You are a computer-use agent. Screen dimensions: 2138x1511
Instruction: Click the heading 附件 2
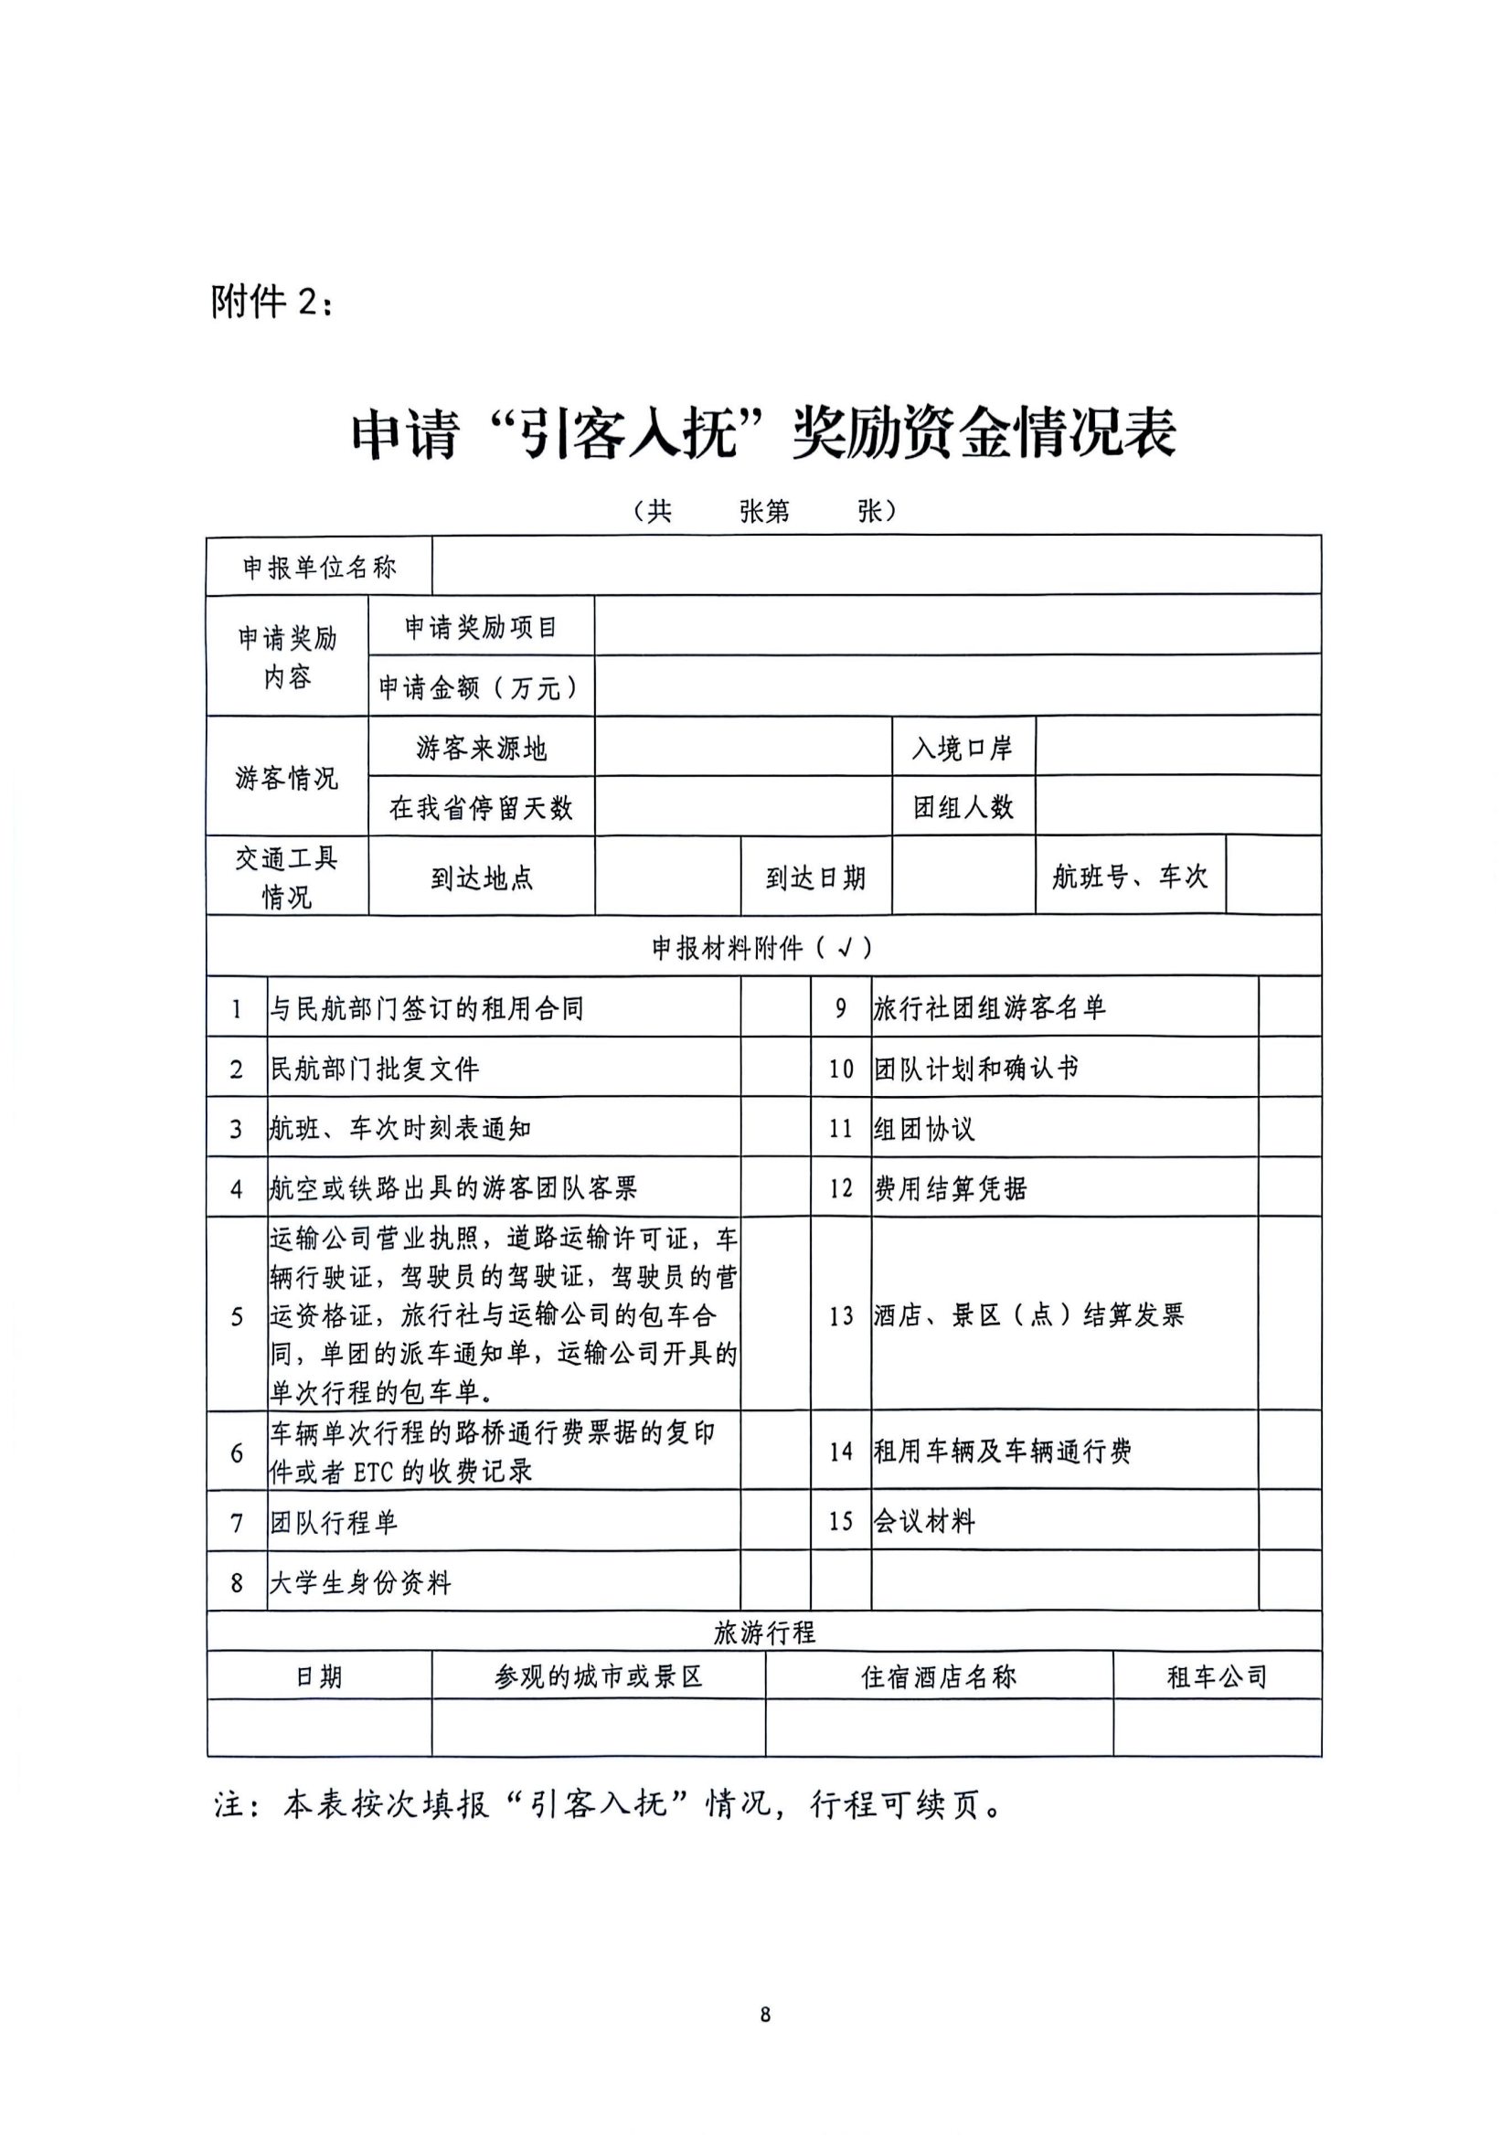[x=271, y=303]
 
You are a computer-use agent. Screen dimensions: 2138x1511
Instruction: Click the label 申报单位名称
[x=319, y=567]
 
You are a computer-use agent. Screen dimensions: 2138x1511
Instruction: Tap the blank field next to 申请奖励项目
[x=957, y=626]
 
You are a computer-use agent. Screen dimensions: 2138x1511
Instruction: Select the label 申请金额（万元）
[x=481, y=687]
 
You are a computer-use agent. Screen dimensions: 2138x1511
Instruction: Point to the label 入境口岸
[x=963, y=748]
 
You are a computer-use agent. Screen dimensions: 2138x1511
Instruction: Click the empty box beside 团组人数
[x=1177, y=806]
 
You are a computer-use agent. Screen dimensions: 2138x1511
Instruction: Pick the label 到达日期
[x=815, y=878]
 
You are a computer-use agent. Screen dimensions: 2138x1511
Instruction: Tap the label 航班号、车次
[x=1129, y=877]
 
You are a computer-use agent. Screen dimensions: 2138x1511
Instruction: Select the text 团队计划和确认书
[x=975, y=1068]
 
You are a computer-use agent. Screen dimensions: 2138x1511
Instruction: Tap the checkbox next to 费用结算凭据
[x=1290, y=1188]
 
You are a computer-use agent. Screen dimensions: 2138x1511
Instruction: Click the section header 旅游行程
[x=763, y=1633]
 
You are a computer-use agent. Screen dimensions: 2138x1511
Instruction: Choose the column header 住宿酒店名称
[x=939, y=1677]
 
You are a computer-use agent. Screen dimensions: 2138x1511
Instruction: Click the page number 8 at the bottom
[x=765, y=2016]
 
